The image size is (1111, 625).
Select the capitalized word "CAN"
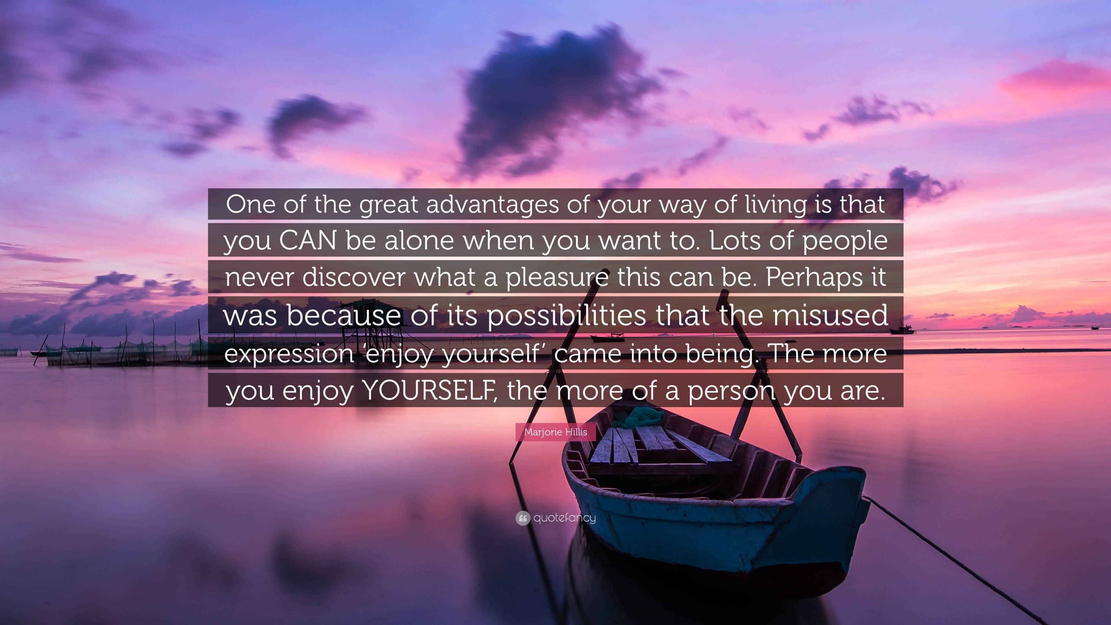coord(308,241)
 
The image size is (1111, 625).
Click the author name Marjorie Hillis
coord(555,432)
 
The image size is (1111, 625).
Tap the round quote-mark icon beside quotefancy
coord(523,518)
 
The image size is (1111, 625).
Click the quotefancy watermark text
coord(564,518)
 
